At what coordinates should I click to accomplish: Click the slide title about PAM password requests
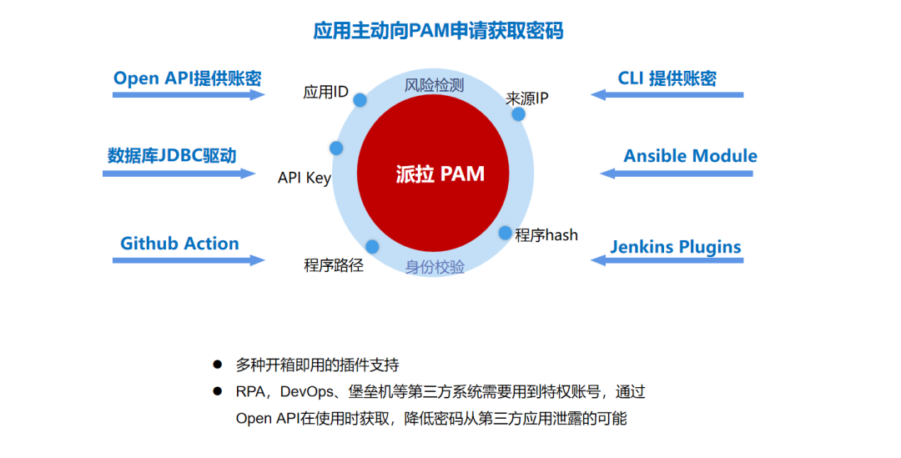click(438, 31)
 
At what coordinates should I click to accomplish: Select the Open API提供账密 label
click(188, 78)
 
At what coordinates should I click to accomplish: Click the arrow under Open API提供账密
click(189, 95)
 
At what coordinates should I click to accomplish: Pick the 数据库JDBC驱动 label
click(172, 156)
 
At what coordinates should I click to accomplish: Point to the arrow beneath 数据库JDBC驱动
click(179, 174)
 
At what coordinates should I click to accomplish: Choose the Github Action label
click(179, 244)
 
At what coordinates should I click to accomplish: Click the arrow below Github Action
click(189, 260)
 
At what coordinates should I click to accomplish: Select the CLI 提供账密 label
click(667, 78)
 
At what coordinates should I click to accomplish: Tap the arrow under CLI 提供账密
click(667, 95)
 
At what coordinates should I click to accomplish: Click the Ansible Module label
click(690, 156)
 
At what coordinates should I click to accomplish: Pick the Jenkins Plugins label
click(675, 247)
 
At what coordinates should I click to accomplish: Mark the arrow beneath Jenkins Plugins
click(667, 260)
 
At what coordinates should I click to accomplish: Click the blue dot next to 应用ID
click(360, 100)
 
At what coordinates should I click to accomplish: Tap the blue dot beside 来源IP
click(518, 114)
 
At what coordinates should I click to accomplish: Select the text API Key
click(305, 179)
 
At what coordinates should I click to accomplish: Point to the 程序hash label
click(546, 235)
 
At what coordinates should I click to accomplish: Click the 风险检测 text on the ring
click(434, 85)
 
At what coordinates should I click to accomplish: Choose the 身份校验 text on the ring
click(435, 267)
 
